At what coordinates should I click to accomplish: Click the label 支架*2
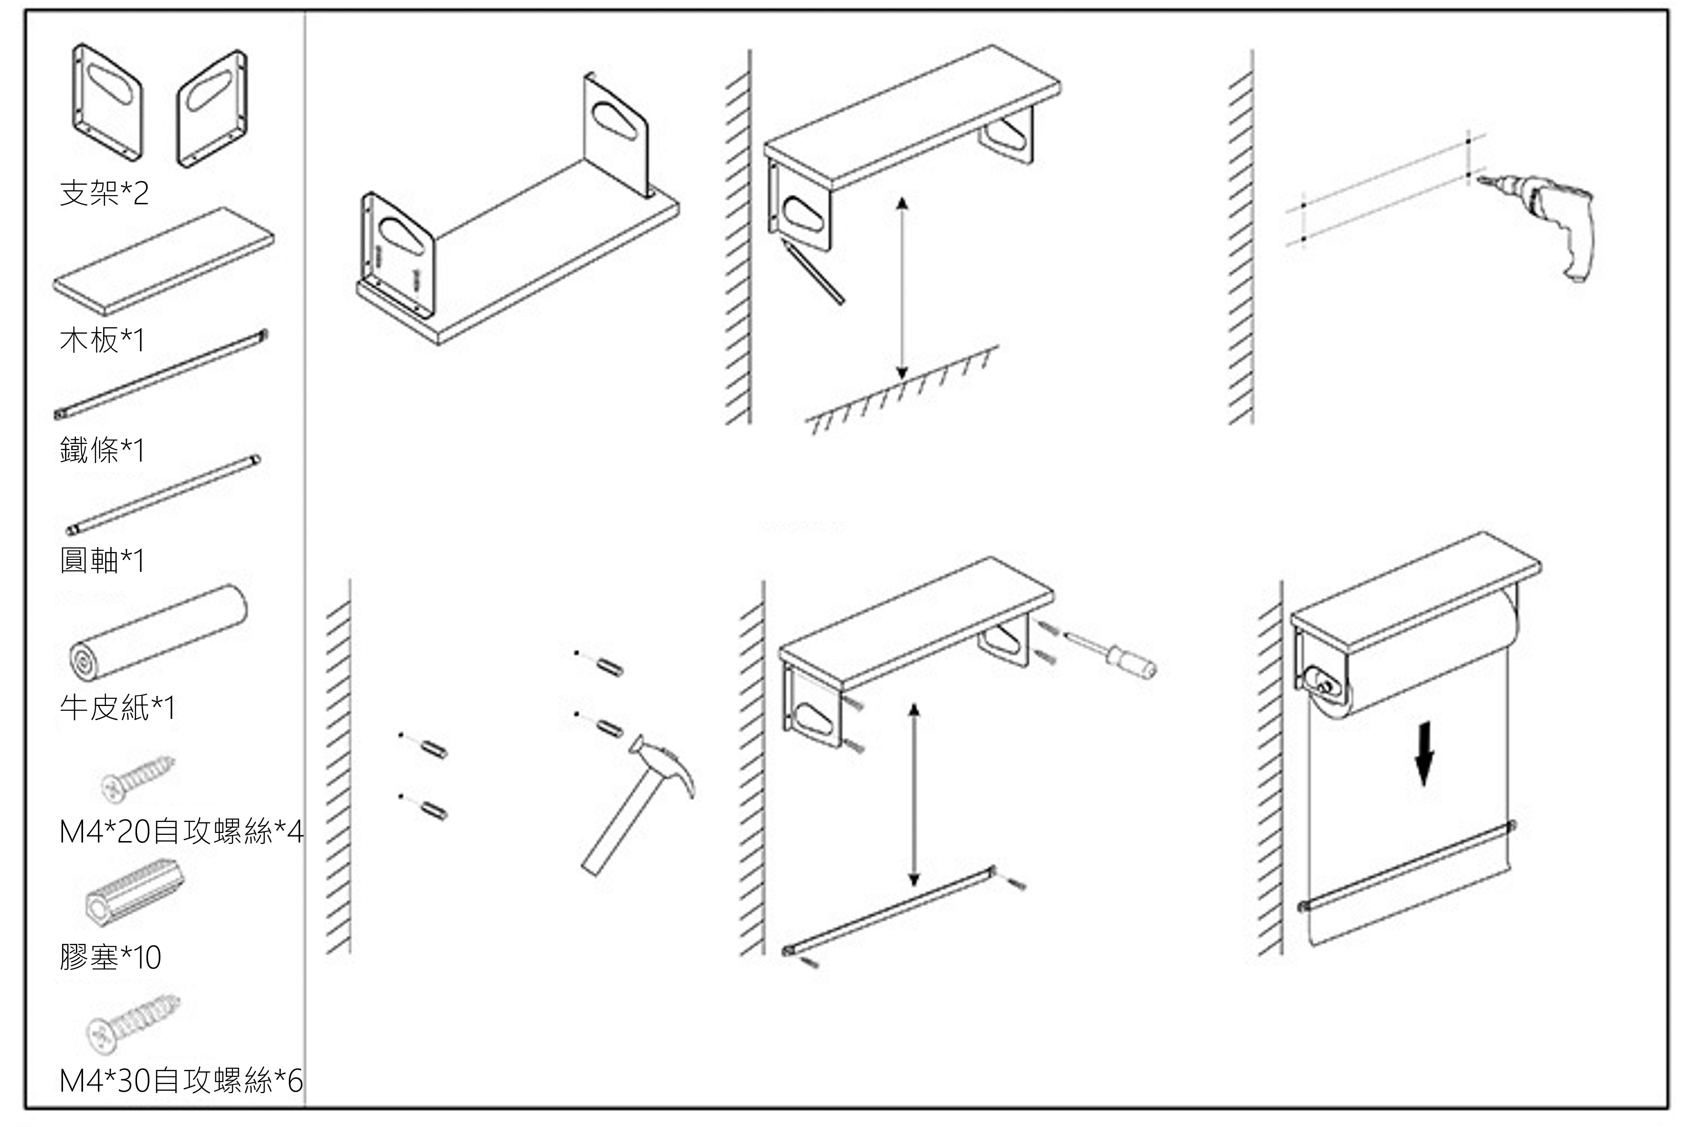coord(104,193)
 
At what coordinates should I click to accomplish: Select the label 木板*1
coord(102,339)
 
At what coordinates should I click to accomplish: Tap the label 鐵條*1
coord(102,450)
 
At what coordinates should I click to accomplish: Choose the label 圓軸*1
coord(102,560)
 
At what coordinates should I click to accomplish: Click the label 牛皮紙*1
coord(117,707)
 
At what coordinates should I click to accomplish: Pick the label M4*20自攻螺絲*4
coord(181,831)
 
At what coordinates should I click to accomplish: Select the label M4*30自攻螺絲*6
coord(181,1080)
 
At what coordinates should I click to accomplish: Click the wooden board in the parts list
coord(164,262)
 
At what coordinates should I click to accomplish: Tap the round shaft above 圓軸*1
coord(164,495)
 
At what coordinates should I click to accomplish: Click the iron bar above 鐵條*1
coord(162,374)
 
